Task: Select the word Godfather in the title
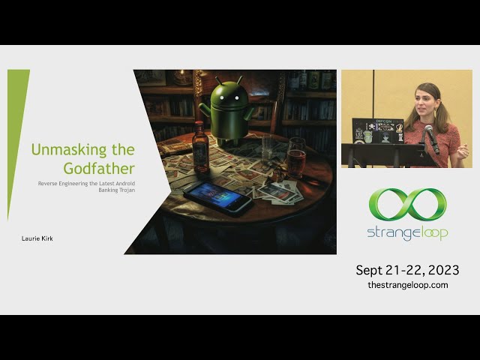click(x=99, y=169)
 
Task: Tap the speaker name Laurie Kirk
click(x=37, y=238)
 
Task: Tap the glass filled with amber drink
click(x=296, y=157)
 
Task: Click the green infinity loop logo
click(x=407, y=205)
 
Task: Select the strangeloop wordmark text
click(x=407, y=234)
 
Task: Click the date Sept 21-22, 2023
click(x=407, y=270)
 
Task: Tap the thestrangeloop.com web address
click(x=408, y=285)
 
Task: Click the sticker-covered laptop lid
click(x=378, y=131)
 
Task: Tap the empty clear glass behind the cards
click(x=269, y=149)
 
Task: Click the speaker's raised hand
click(x=463, y=151)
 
